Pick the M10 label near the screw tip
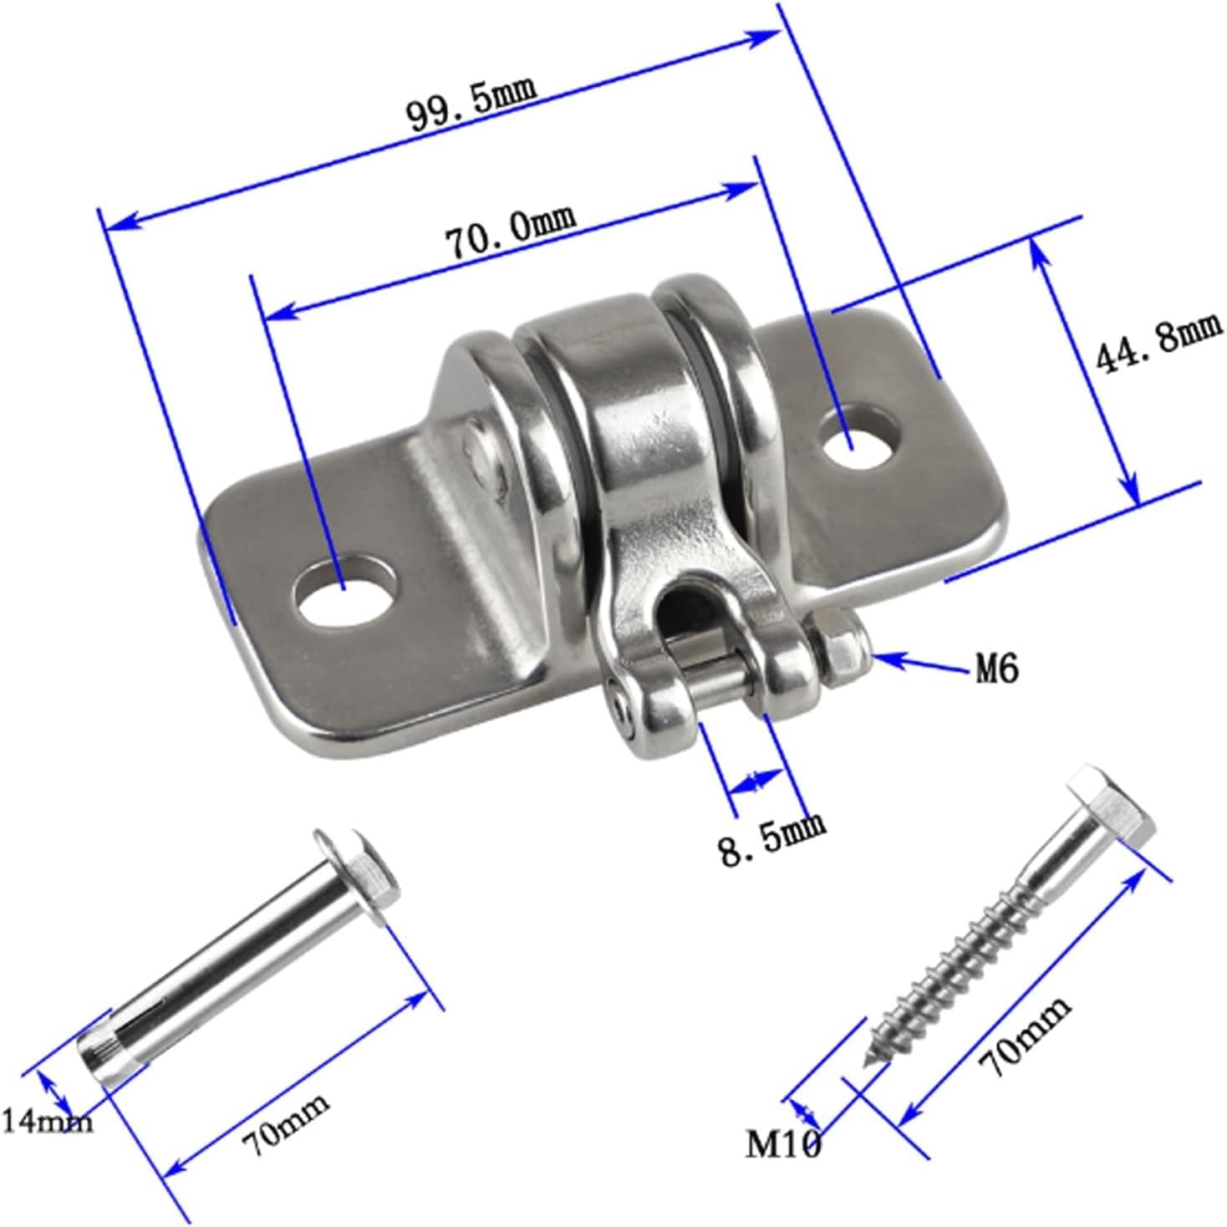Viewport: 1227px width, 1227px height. (783, 1143)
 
